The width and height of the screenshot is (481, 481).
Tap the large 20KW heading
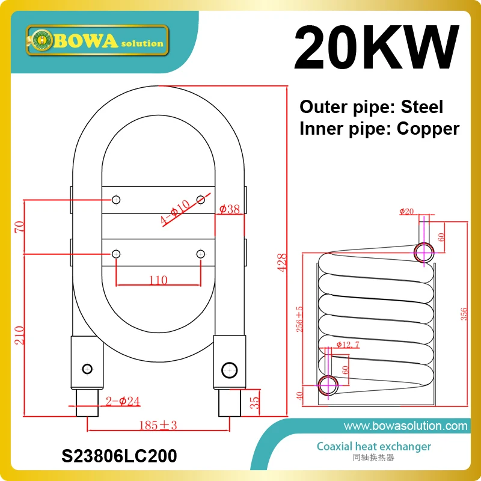(x=377, y=49)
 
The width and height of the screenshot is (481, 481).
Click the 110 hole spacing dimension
(x=157, y=280)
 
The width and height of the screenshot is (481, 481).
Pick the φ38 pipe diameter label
(x=230, y=210)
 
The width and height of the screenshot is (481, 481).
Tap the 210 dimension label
(x=20, y=334)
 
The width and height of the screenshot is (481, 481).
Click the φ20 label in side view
(x=407, y=211)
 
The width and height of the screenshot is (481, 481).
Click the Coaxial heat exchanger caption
(x=373, y=446)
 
